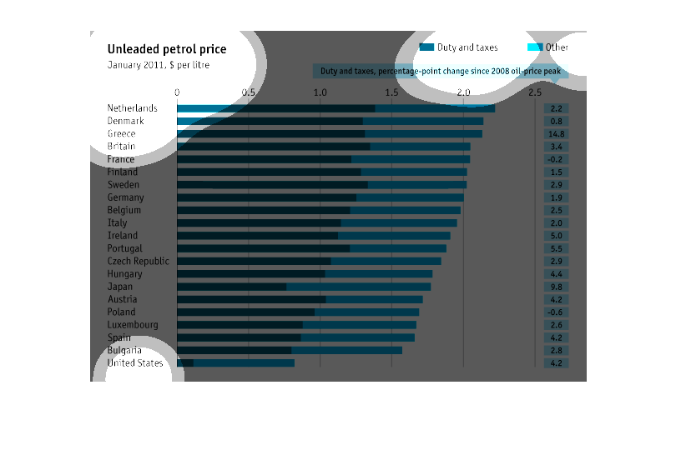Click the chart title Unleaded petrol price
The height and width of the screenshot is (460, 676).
point(167,49)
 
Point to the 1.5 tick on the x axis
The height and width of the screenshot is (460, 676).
point(392,92)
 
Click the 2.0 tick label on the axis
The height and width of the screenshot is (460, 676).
point(464,92)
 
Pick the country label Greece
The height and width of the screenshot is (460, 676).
point(121,133)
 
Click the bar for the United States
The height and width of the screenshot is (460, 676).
point(235,362)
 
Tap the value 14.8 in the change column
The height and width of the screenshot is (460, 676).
point(557,133)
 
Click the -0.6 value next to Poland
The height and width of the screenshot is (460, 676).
point(557,312)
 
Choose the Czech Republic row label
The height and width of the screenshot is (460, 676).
point(138,261)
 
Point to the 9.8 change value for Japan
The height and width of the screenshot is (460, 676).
point(557,286)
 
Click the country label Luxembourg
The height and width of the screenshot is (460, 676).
point(133,324)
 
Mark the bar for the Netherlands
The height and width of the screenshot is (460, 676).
point(335,108)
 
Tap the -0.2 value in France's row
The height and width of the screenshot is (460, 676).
point(557,159)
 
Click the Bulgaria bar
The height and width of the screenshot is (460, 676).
point(289,350)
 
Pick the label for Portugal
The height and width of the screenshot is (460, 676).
point(125,248)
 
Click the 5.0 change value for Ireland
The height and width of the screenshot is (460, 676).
point(557,235)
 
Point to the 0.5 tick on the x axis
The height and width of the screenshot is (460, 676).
point(249,92)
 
